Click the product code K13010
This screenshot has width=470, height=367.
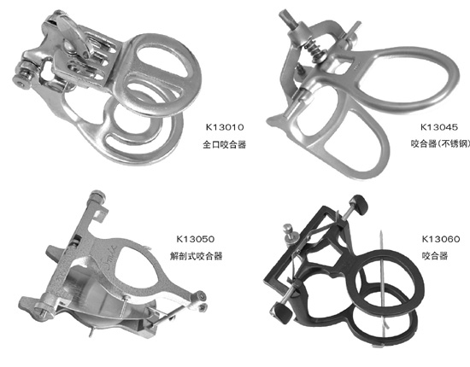coord(225,127)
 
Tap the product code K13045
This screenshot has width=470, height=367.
coord(439,127)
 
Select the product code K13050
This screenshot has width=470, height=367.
coord(196,239)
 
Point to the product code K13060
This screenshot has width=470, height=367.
coord(441,239)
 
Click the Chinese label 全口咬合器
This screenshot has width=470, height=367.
coord(225,144)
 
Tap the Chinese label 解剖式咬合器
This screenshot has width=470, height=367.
coord(196,256)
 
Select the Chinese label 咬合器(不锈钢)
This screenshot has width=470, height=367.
coord(440,144)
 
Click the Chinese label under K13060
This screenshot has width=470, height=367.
coord(435,256)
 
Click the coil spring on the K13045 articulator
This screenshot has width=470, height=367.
coord(314,50)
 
